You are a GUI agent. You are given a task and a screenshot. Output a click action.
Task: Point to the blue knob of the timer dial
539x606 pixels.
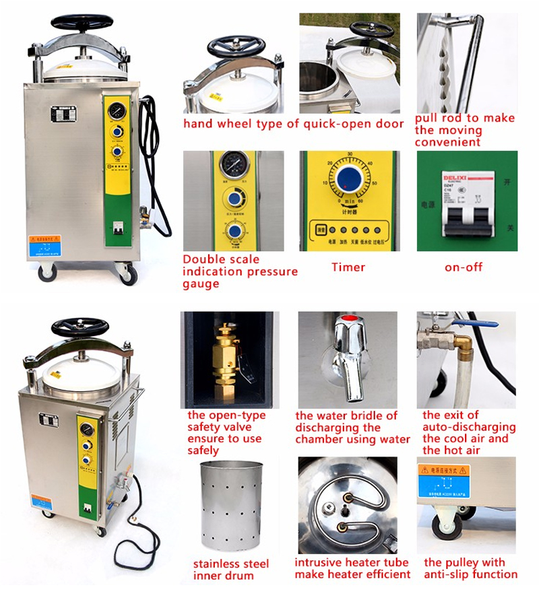349,178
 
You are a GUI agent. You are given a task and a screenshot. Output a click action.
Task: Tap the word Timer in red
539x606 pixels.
348,267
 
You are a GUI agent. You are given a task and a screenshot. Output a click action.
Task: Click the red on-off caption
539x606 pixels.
464,267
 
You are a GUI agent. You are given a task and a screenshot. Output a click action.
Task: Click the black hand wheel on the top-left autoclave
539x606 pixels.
82,23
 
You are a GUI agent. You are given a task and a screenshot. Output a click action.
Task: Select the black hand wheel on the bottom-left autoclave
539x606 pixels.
80,328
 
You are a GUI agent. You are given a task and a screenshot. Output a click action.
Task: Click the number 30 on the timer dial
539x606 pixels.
350,155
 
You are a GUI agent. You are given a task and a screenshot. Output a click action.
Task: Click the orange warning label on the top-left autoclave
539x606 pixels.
44,240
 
